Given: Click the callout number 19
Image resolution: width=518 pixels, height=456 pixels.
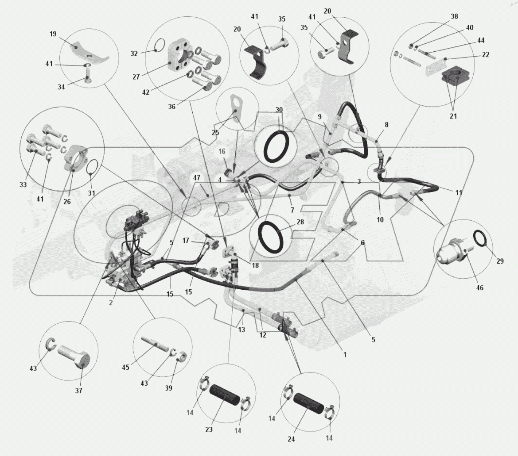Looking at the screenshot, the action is pyautogui.click(x=53, y=34).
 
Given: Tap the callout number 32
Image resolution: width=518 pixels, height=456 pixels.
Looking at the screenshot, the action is pyautogui.click(x=134, y=54).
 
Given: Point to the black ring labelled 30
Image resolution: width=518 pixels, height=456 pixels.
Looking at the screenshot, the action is pyautogui.click(x=278, y=146).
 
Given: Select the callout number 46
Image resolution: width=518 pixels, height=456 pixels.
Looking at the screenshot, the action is pyautogui.click(x=480, y=288).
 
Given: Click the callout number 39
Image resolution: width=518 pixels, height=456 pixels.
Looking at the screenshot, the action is pyautogui.click(x=168, y=388).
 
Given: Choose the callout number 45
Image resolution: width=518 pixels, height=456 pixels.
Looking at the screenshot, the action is pyautogui.click(x=125, y=367).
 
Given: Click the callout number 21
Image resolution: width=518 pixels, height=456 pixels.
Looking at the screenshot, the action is pyautogui.click(x=453, y=116).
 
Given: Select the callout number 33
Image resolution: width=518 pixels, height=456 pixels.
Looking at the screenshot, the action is pyautogui.click(x=23, y=184).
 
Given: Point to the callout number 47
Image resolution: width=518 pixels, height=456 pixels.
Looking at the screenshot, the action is pyautogui.click(x=197, y=178).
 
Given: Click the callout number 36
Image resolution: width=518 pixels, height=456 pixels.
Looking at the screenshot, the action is pyautogui.click(x=172, y=107).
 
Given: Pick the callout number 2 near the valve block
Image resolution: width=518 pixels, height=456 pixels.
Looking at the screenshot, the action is pyautogui.click(x=111, y=303).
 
